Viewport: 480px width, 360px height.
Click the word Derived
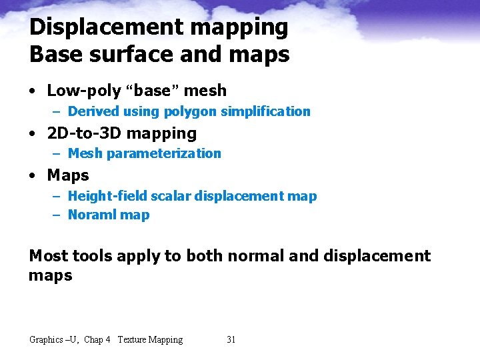pos(91,111)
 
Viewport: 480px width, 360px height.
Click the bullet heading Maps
pos(68,175)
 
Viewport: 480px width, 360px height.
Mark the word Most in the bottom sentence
pos(48,256)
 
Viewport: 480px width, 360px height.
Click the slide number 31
pos(231,340)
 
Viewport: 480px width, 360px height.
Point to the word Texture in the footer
pos(131,340)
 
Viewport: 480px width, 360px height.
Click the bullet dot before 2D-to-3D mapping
pos(33,134)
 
